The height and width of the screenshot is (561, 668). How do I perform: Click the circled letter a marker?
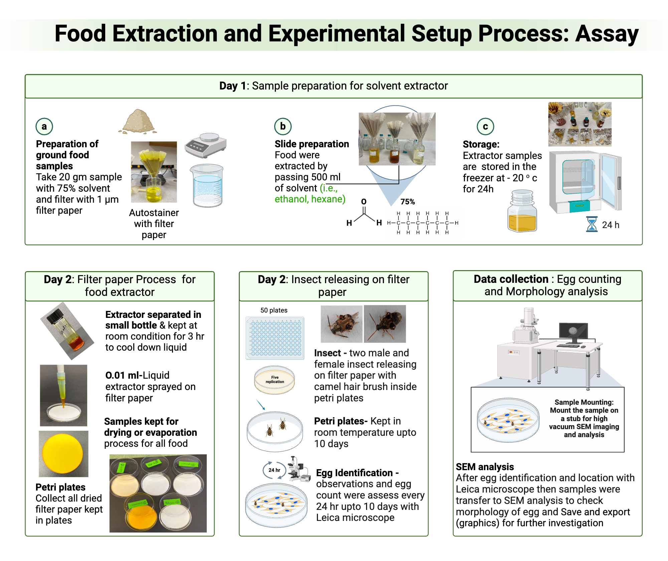(x=44, y=126)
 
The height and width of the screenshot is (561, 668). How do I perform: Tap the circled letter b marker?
(x=283, y=126)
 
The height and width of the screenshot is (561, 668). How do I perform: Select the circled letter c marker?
(x=485, y=127)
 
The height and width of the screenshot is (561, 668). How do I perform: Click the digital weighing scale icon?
(x=205, y=145)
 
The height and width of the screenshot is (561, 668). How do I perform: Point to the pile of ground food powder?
(x=138, y=122)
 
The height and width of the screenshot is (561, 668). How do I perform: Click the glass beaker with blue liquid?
(x=207, y=185)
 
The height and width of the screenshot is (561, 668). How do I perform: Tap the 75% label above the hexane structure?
(x=407, y=202)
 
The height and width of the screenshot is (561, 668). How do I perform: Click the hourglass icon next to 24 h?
(x=592, y=224)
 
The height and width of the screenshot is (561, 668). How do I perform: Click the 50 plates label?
(x=274, y=310)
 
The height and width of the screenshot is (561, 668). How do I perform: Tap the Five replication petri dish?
(x=275, y=380)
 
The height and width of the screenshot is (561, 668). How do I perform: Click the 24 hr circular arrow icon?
(x=274, y=470)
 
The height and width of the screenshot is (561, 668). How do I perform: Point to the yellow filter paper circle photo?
(x=63, y=453)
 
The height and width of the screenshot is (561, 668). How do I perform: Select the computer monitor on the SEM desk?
(x=573, y=332)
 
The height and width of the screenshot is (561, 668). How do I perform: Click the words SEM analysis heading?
(x=485, y=466)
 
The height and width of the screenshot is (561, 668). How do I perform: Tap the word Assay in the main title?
(x=606, y=34)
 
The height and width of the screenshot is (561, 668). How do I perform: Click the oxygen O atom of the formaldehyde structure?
(x=364, y=202)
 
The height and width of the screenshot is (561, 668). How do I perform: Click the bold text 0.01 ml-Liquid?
(x=137, y=375)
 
